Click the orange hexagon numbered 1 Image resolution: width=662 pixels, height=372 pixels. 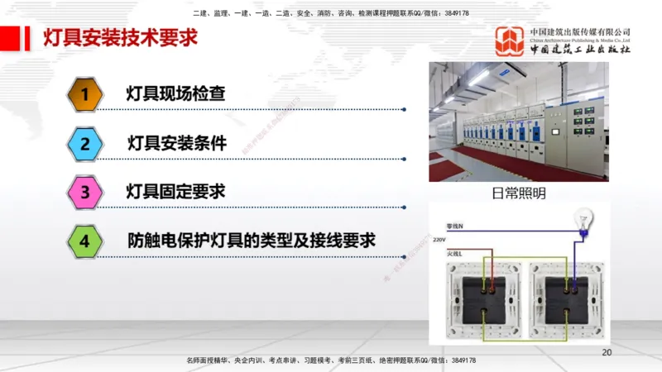(x=84, y=94)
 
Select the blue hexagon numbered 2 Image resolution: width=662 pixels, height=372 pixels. (x=84, y=144)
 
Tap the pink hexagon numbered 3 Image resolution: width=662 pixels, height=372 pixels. (x=84, y=193)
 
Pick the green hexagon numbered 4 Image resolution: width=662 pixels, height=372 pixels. (x=84, y=242)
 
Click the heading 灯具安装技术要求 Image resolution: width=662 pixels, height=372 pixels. (x=119, y=37)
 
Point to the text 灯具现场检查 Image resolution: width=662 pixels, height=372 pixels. (x=175, y=93)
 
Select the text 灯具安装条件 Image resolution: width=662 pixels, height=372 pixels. (x=176, y=143)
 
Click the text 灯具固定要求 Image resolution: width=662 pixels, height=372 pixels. (x=175, y=192)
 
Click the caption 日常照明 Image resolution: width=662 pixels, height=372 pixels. (x=519, y=193)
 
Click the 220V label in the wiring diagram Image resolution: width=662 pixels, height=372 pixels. (x=439, y=239)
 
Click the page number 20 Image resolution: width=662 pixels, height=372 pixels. (x=606, y=352)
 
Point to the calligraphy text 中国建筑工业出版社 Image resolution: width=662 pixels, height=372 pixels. (x=580, y=50)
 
